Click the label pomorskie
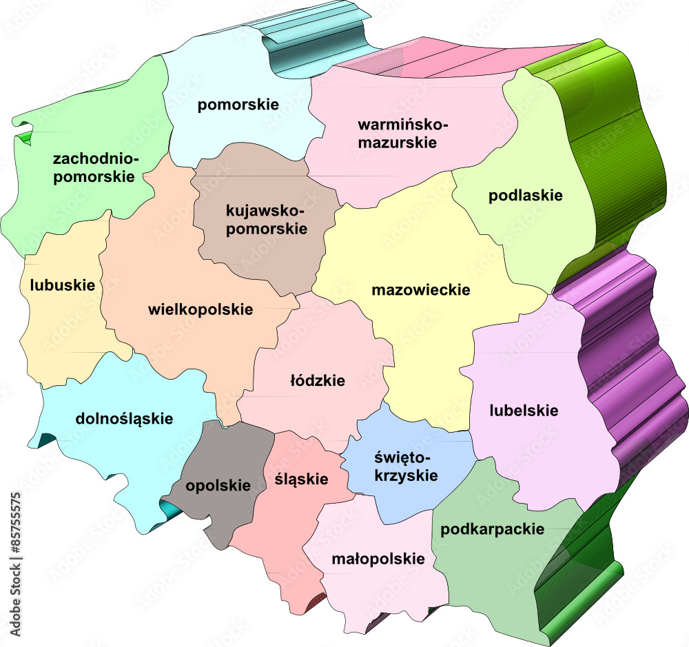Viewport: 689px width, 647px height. point(238,105)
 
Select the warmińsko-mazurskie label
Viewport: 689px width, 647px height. point(402,134)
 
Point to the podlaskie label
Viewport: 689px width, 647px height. point(526,195)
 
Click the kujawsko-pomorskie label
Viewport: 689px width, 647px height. point(267,218)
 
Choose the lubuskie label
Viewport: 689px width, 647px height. point(63,285)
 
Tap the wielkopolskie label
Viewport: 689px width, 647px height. point(200,309)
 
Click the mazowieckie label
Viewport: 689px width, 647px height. point(421,290)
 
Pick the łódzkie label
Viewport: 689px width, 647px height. point(318,380)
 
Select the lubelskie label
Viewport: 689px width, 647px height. point(524,411)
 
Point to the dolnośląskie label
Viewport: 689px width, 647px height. point(125,418)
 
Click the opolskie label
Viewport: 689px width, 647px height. point(218,485)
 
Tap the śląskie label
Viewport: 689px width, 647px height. point(301,479)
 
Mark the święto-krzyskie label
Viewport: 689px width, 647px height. point(406,466)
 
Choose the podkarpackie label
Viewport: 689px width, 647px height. point(493,529)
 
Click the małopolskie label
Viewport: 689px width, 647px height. point(378,558)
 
